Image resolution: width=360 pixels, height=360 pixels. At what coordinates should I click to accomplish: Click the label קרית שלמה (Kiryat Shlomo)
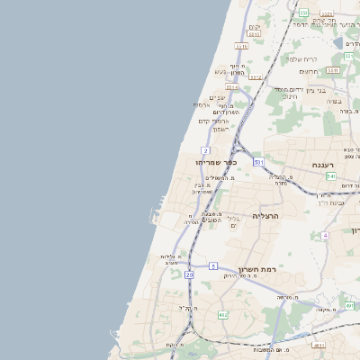click(302, 58)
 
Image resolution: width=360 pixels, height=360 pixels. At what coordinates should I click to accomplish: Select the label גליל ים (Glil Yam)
click(232, 221)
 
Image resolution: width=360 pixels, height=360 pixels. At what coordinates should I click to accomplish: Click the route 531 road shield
click(258, 162)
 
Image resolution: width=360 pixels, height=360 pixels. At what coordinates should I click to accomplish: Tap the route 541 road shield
click(331, 177)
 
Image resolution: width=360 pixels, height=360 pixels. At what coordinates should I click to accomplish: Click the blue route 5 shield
click(213, 265)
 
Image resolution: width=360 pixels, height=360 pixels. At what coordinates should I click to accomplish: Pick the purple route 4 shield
click(325, 235)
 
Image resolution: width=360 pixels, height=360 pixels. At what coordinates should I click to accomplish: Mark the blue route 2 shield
click(206, 149)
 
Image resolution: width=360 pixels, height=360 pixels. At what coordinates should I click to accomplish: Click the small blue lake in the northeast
click(349, 41)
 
